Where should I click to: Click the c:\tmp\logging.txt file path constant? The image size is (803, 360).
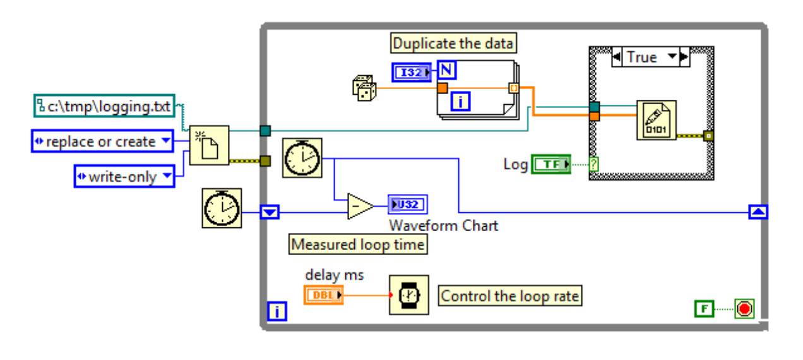click(x=104, y=106)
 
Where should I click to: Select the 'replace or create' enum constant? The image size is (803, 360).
click(x=102, y=141)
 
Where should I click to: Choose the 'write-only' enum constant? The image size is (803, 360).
click(x=124, y=177)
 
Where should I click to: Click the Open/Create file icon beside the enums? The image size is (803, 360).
click(x=209, y=144)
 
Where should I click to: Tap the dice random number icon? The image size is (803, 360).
click(x=364, y=88)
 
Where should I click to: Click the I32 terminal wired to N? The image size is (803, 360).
click(x=412, y=73)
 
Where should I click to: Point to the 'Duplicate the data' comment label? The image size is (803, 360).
click(x=453, y=44)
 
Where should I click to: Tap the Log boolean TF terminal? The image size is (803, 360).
click(x=550, y=164)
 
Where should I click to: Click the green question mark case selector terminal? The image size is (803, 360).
click(x=593, y=164)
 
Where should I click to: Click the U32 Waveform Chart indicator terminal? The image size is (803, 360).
click(x=408, y=205)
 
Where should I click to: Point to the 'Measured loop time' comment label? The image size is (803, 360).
click(x=358, y=244)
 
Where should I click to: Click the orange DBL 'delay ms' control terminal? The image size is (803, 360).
click(x=323, y=294)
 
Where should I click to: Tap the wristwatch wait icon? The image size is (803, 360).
click(x=408, y=295)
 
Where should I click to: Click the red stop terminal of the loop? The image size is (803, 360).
click(x=744, y=309)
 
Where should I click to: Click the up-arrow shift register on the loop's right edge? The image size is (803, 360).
click(x=758, y=212)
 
